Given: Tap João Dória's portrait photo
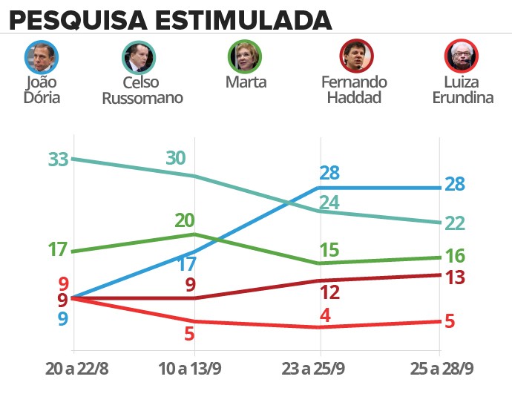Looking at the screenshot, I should tap(42, 56).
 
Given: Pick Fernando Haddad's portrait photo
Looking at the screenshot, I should tap(356, 55).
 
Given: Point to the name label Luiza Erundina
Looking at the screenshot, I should tap(462, 89).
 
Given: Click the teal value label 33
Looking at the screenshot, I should tap(58, 160).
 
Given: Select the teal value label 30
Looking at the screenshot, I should tap(176, 157).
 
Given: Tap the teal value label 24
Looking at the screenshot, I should tap(329, 203).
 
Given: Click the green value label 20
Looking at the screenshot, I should tap(184, 220).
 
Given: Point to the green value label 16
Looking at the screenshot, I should tap(456, 257).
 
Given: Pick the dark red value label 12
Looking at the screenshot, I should tap(329, 292).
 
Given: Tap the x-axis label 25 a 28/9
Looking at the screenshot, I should tap(442, 369).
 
